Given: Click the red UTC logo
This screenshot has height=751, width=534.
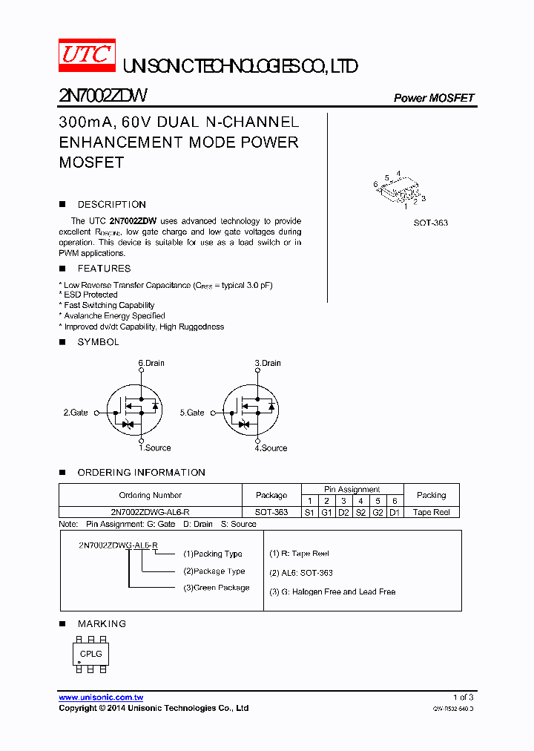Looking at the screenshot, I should (86, 55).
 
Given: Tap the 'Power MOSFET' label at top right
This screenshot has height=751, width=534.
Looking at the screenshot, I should (433, 98).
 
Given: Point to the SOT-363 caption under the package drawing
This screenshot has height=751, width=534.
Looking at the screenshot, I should (430, 223).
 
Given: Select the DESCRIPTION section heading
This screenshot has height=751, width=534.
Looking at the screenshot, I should (111, 204).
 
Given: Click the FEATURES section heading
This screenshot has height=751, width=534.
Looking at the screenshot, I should (104, 269).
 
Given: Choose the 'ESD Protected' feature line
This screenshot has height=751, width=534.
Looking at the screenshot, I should (90, 295).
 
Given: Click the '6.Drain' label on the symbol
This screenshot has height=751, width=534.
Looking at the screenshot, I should (151, 363).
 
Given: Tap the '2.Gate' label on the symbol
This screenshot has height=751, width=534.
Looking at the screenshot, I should (76, 412).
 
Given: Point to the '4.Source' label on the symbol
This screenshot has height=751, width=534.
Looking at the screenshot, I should (271, 448).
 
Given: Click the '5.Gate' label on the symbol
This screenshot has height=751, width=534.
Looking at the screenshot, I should (192, 412).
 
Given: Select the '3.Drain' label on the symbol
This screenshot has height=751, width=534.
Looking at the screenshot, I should (268, 363).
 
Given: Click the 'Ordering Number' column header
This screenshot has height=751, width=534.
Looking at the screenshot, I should (150, 495).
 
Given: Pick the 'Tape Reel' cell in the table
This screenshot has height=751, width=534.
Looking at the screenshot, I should (431, 513).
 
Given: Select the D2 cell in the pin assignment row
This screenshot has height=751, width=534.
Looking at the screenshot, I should (343, 513).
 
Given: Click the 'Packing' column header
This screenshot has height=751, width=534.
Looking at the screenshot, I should (431, 495).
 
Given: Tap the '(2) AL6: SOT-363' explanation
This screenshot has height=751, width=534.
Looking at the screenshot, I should (301, 573).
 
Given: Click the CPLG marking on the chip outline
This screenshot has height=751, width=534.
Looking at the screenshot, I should (91, 654).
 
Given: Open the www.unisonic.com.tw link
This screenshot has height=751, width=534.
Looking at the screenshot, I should (101, 698).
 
